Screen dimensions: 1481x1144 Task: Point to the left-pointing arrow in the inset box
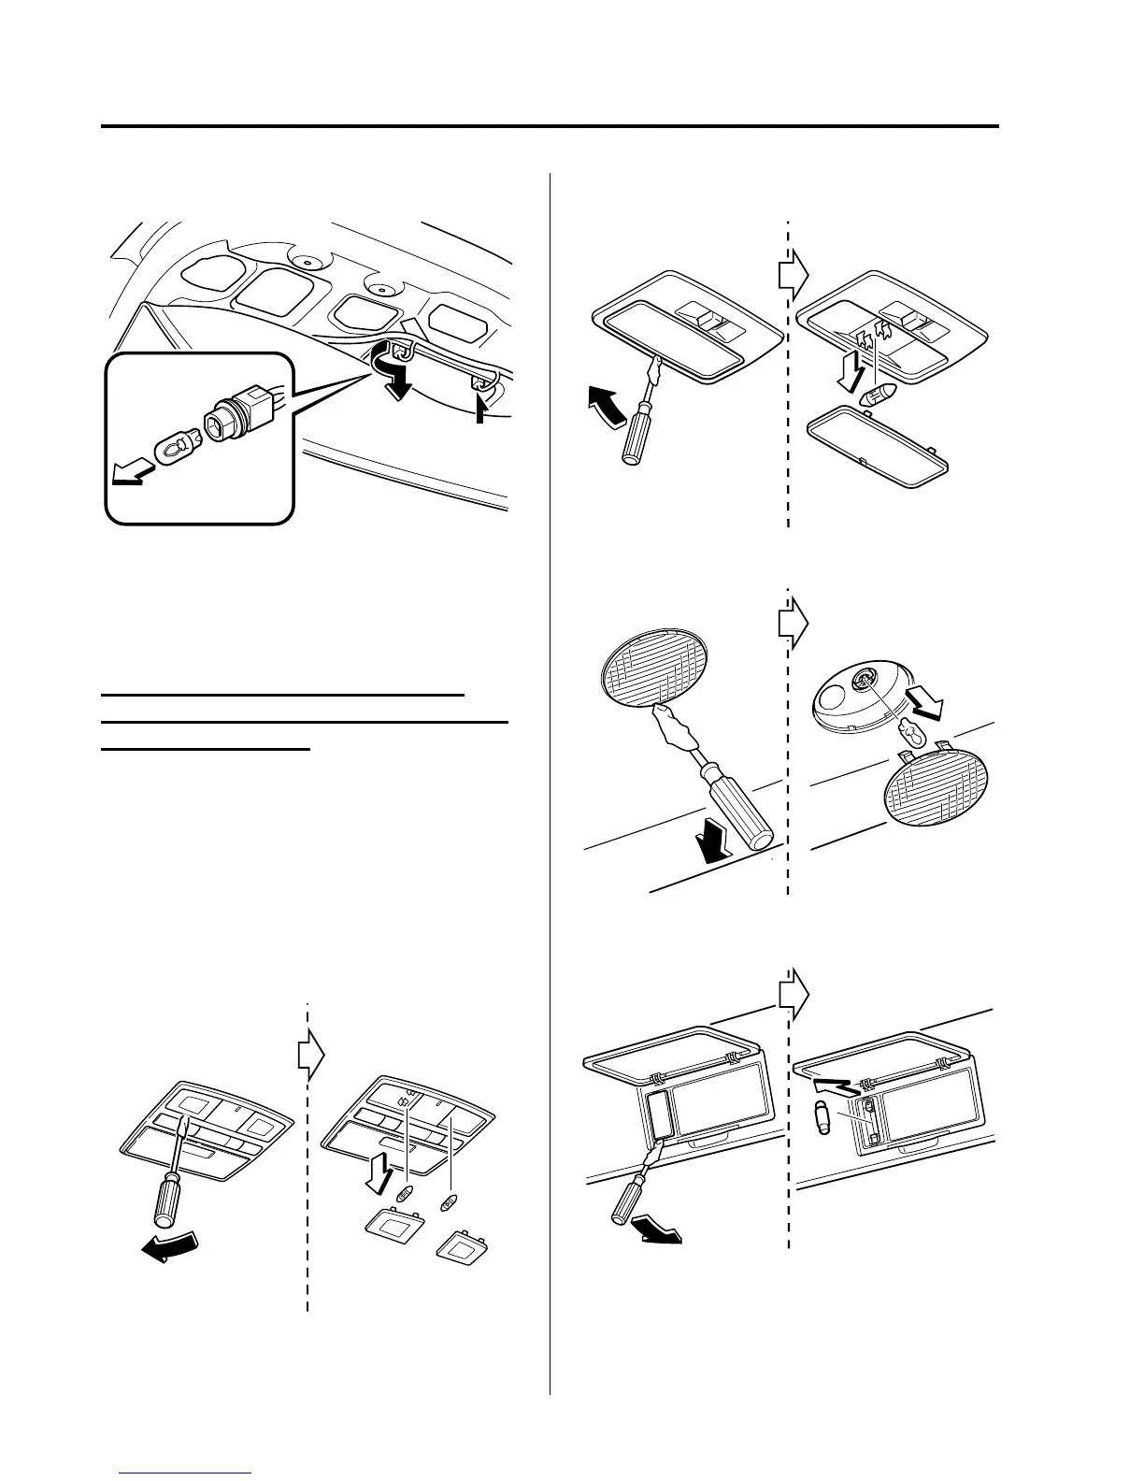pyautogui.click(x=129, y=476)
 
